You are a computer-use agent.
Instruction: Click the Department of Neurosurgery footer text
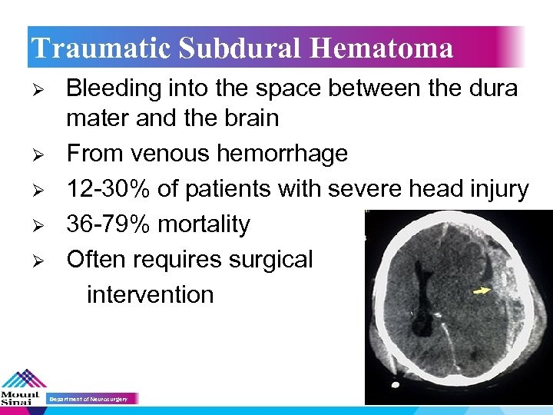click(93, 399)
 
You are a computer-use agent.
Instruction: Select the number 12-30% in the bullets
click(107, 189)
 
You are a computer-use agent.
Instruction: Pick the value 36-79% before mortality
click(107, 224)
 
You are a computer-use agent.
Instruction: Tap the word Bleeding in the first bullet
click(112, 89)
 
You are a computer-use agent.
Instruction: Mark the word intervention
click(150, 294)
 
